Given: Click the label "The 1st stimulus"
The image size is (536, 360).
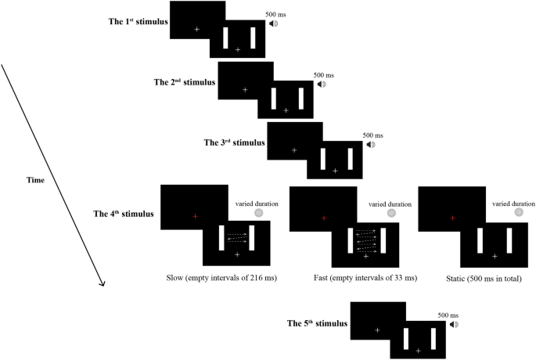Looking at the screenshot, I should (138, 21).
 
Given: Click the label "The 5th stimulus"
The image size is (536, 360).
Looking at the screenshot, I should (317, 322).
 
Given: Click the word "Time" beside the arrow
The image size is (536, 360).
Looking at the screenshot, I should (34, 181).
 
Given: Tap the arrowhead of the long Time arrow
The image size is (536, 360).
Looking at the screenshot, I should (103, 283).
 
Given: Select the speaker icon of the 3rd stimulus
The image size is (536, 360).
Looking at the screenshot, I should (371, 144).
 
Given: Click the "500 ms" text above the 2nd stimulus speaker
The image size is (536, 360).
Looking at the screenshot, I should (324, 75).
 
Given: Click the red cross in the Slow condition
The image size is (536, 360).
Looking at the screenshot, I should (196, 216).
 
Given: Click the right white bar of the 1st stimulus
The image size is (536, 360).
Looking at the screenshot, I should (253, 38).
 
